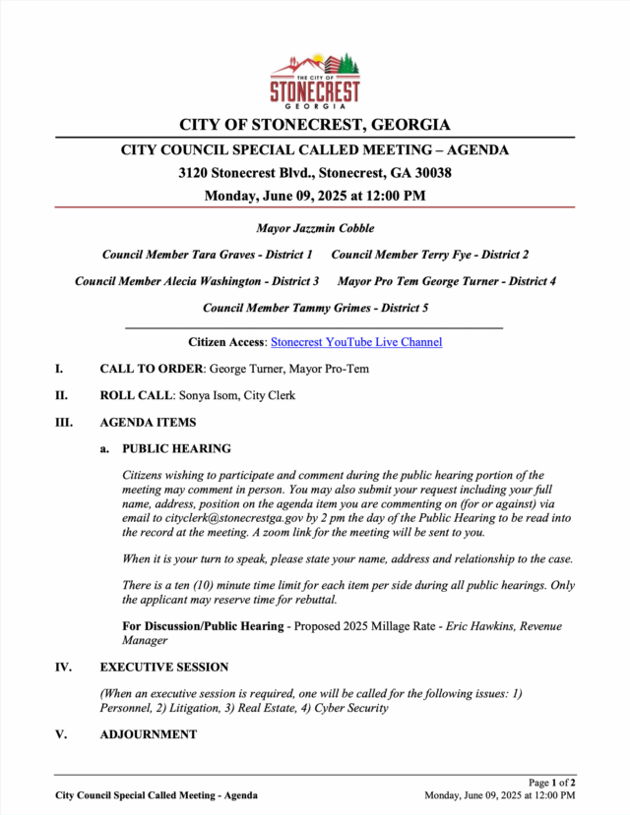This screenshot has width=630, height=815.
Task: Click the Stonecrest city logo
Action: tap(315, 81)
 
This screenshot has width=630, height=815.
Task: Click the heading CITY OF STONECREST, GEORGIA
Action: tap(315, 125)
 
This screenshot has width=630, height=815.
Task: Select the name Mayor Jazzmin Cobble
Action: tap(315, 228)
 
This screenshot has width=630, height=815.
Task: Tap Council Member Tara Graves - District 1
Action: tap(207, 255)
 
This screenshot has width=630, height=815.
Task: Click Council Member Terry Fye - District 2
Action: tap(430, 255)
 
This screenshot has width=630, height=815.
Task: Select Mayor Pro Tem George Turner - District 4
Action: tap(447, 281)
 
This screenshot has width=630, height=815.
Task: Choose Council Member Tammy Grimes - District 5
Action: tap(315, 308)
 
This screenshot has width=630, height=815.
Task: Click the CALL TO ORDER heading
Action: tap(152, 370)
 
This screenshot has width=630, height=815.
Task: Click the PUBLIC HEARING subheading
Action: tap(176, 449)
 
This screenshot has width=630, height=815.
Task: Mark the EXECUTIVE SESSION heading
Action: tap(163, 667)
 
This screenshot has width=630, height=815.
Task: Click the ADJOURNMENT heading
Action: tap(148, 734)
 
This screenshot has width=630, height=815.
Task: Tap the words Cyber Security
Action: tap(351, 708)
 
